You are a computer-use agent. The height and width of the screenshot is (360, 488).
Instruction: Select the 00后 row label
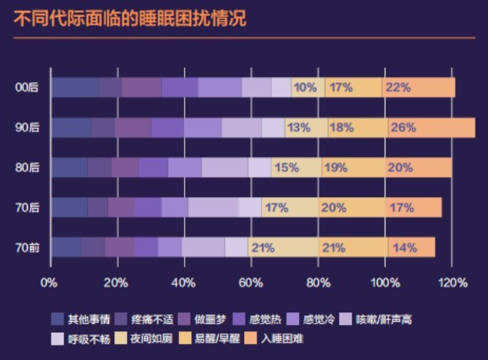tap(27, 87)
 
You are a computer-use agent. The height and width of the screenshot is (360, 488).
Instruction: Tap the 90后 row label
tap(27, 128)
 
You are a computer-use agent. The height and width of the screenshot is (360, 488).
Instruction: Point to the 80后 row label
tap(27, 167)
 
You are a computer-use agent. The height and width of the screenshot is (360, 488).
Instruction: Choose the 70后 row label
tap(27, 207)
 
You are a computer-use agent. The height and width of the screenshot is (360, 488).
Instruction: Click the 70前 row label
tap(27, 247)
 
